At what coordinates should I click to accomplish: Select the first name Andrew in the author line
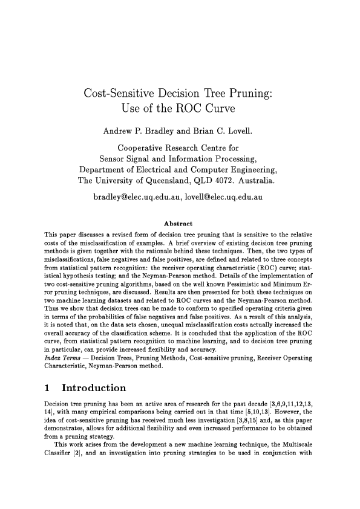[x=122, y=131]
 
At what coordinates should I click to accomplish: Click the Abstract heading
[x=180, y=222]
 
